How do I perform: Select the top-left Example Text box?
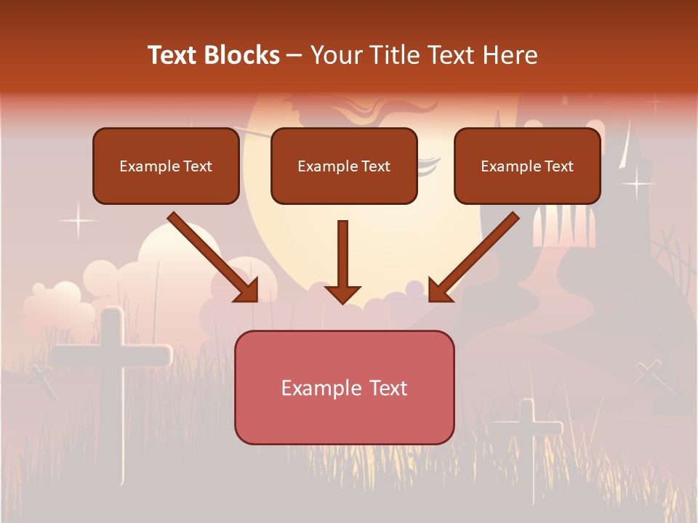(x=166, y=166)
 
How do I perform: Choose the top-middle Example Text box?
(x=344, y=166)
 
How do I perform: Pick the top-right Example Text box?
(x=527, y=166)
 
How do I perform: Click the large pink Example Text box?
(x=344, y=387)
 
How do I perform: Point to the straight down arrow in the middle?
(x=342, y=261)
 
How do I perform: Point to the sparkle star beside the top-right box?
(x=637, y=183)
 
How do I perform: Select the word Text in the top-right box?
(x=558, y=166)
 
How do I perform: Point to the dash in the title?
(x=294, y=55)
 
